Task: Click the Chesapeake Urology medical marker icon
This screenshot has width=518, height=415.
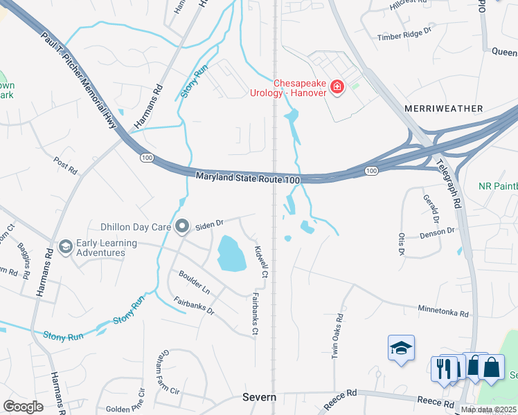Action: click(337, 87)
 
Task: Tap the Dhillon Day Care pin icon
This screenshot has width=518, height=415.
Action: click(182, 225)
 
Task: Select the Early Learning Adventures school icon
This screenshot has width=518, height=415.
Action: click(66, 247)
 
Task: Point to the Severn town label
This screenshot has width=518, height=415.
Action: click(259, 397)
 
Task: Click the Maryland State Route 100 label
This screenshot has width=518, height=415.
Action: click(247, 178)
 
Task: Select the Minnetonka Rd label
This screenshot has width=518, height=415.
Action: click(443, 311)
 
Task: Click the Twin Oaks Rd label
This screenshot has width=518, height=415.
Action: click(339, 337)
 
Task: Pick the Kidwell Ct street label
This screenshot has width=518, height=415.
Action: click(260, 262)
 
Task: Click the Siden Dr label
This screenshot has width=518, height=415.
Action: click(208, 223)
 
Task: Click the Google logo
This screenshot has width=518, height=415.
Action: click(22, 406)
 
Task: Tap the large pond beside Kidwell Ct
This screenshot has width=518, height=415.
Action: click(231, 253)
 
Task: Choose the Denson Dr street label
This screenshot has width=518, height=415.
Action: click(437, 234)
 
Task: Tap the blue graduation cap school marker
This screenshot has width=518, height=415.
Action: click(401, 349)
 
